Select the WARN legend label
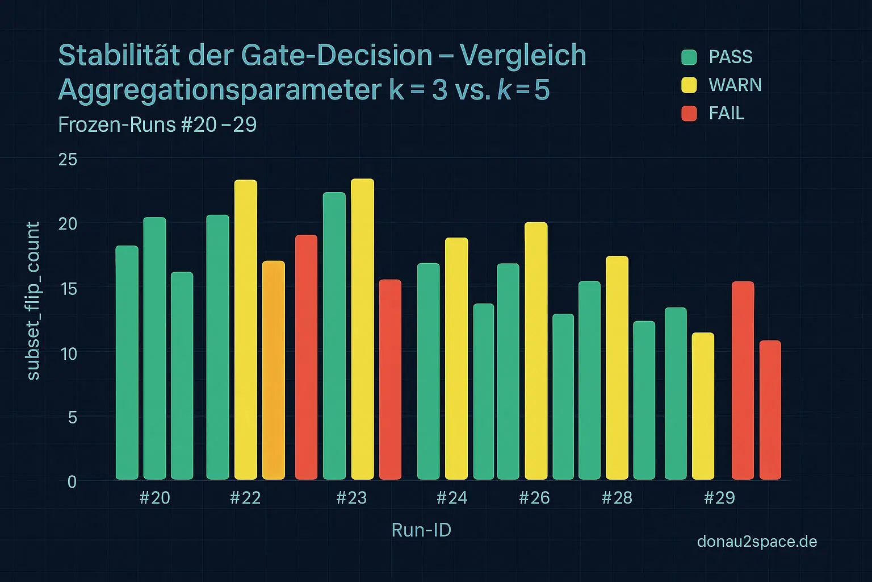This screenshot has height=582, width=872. pos(735,85)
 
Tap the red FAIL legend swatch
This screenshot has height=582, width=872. pos(689,113)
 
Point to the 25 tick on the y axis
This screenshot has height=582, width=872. pos(68,159)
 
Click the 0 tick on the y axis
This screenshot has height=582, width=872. pos(72,482)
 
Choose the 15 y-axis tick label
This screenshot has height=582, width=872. pos(68,289)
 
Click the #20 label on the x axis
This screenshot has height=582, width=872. pos(154,498)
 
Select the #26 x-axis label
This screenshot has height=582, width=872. pos(534,498)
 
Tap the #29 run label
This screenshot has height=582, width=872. pos(719,498)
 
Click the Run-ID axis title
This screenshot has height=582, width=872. pos(421,530)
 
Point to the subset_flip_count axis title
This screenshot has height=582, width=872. pos(33,301)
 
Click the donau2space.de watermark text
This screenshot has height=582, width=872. pos(757,542)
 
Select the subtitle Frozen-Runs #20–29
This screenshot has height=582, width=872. pos(157,124)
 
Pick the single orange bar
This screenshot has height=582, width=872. pos(274,370)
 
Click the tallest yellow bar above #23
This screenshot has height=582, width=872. pos(362,329)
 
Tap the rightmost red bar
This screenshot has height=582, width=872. pos(770,410)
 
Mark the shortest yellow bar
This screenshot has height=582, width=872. pos(703,406)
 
